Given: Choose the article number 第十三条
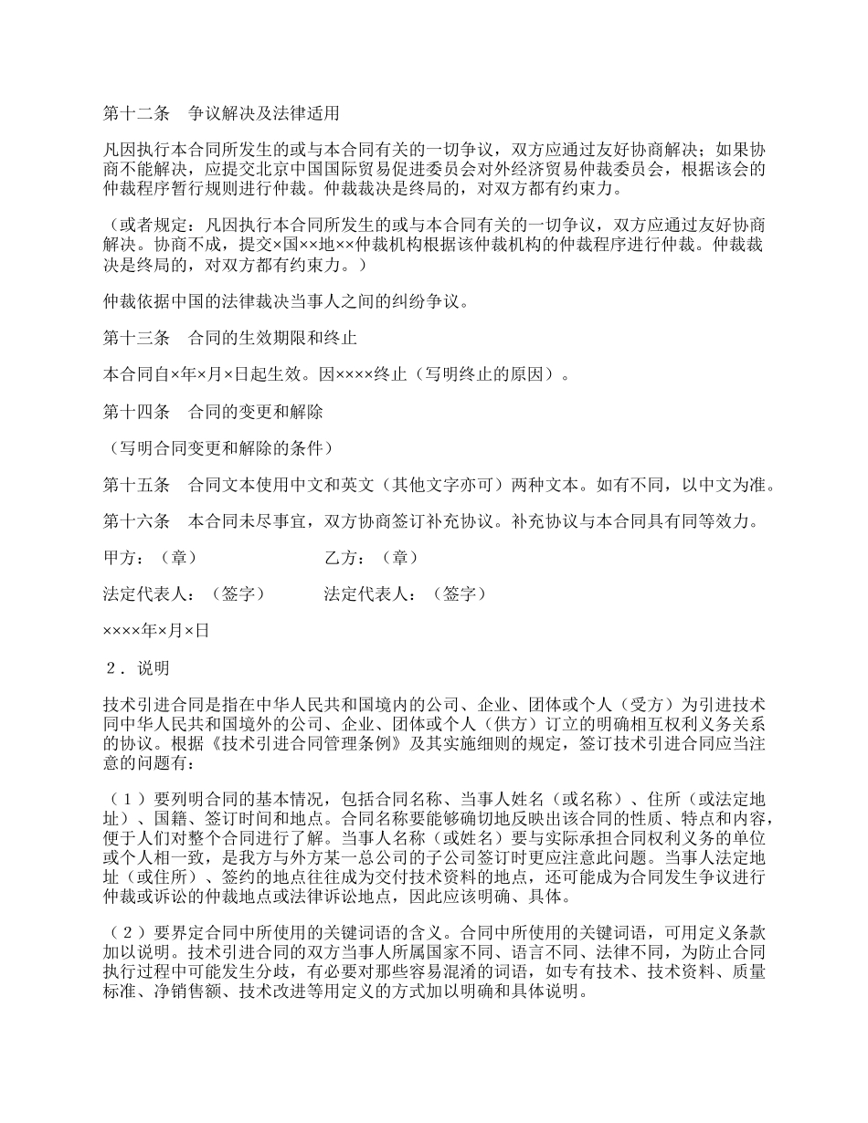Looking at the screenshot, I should click(136, 339).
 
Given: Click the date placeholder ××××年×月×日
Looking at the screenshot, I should click(156, 630).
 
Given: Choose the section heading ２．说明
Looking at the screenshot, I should click(137, 668).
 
